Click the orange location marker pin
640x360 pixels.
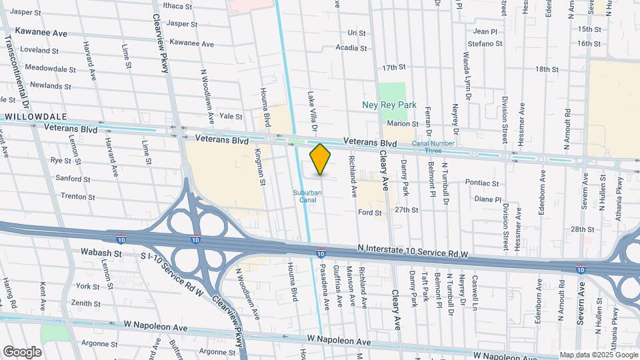(x=321, y=159)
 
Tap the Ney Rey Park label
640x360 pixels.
(x=397, y=105)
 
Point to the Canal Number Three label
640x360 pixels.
(x=433, y=143)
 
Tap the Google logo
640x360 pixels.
(x=22, y=351)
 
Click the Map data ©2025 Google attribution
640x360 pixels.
(x=597, y=355)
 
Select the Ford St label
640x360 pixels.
(x=370, y=213)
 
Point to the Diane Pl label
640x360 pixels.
(x=487, y=199)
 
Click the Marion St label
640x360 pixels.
(x=402, y=123)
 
